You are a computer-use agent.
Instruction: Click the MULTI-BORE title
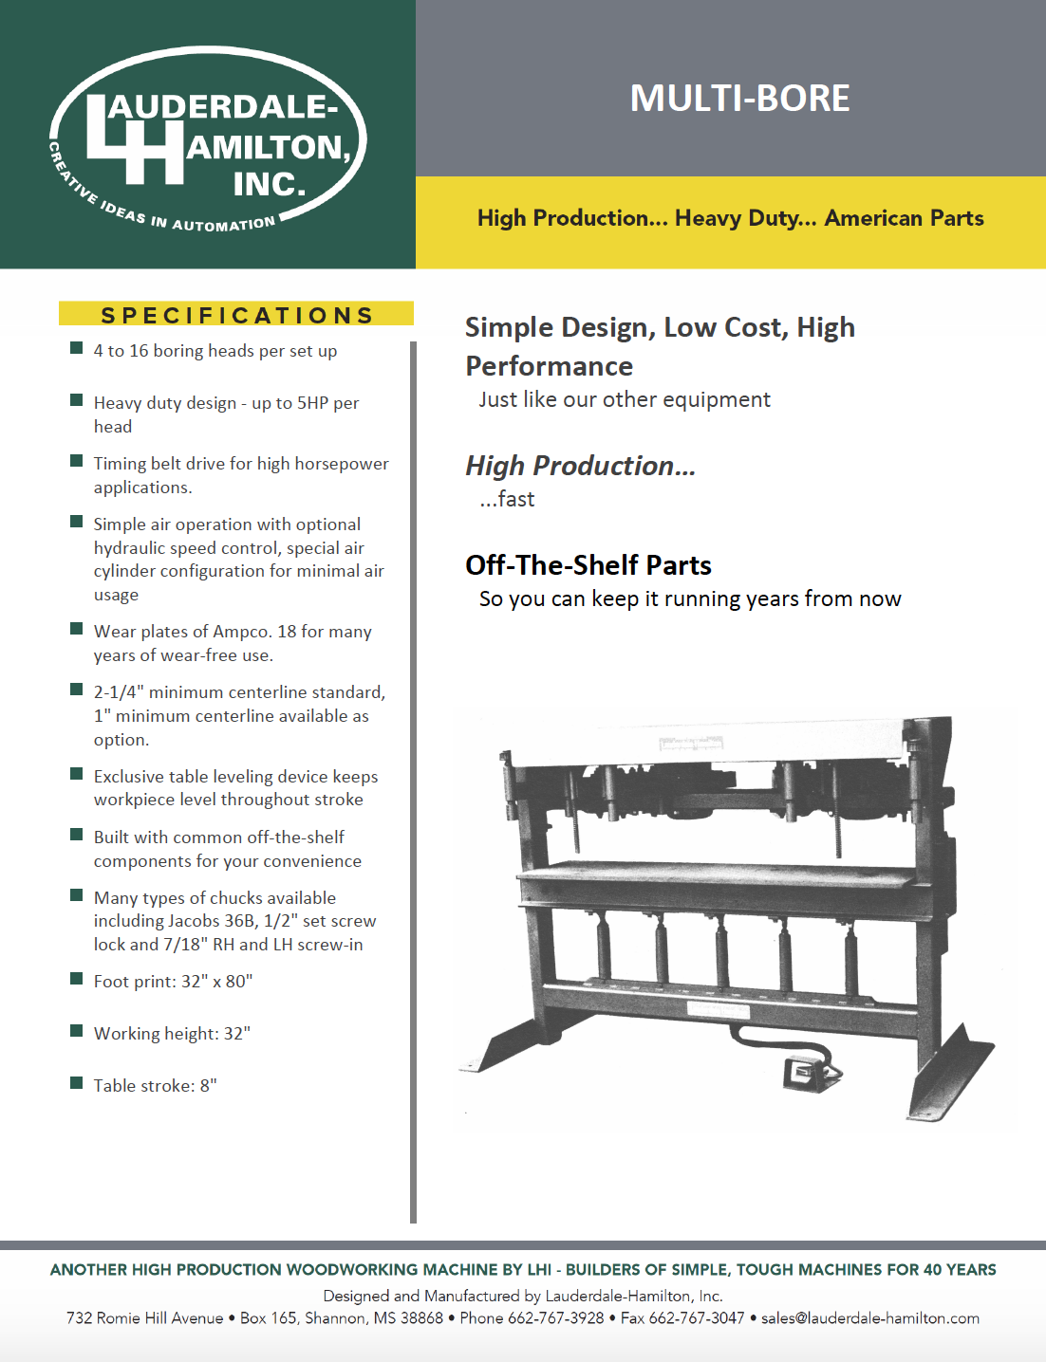click(x=739, y=99)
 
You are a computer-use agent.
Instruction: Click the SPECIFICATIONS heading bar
click(x=236, y=315)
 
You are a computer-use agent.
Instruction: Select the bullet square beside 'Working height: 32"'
click(x=77, y=1031)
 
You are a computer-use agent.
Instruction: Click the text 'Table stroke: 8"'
click(x=155, y=1086)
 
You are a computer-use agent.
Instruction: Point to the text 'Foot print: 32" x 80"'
click(x=173, y=982)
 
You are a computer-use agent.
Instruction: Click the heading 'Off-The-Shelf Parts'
click(x=588, y=565)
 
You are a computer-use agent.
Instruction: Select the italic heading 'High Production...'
click(x=580, y=466)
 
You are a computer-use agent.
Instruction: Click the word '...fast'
click(x=507, y=500)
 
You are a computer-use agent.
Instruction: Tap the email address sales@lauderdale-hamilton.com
click(x=869, y=1318)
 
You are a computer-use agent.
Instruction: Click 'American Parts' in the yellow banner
click(x=904, y=218)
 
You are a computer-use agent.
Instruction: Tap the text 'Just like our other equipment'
click(x=625, y=400)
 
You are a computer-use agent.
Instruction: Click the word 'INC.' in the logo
click(x=270, y=183)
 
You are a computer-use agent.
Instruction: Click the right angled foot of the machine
click(x=949, y=1072)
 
